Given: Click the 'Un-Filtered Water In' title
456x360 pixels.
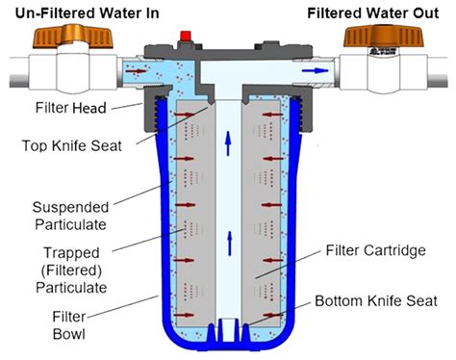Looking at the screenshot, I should [x=77, y=12].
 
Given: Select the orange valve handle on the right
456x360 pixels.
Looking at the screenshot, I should [x=384, y=39].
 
